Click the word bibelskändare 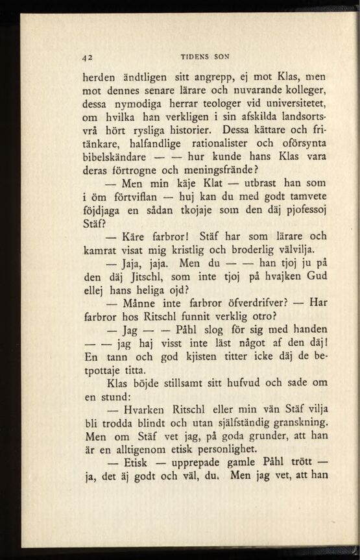[117, 158]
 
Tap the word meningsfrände [222, 171]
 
